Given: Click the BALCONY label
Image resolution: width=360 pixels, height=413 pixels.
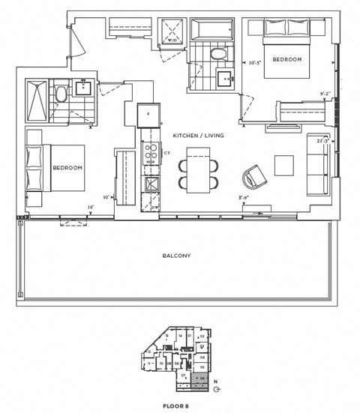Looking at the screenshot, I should pos(176,256).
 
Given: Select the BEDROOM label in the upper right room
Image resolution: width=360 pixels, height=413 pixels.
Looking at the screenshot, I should pos(286,59).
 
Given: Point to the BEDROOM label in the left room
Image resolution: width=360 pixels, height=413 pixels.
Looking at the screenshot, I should pos(67,168).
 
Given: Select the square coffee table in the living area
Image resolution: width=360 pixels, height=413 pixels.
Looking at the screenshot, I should pos(284,165).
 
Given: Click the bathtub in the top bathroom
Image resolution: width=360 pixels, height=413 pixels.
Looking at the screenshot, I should pos(212,31).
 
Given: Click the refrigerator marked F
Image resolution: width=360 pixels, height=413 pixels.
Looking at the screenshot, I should pos(148,114).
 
